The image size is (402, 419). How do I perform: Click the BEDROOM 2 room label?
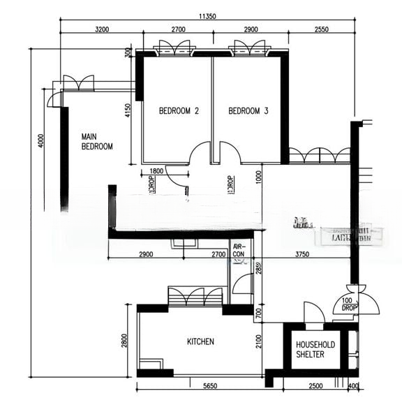point(179,111)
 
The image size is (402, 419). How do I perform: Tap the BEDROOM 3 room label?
point(248,111)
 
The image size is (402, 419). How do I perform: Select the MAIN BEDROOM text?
point(97,142)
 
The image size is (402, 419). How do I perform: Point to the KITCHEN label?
point(200,342)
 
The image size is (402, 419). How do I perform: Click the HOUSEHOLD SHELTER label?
point(315,350)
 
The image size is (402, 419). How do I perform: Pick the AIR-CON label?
point(239,251)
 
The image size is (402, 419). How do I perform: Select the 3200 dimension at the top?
point(101,29)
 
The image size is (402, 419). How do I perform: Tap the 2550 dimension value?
point(322,29)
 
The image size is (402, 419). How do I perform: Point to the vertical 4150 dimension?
point(128,112)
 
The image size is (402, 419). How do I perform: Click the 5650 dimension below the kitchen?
point(202,385)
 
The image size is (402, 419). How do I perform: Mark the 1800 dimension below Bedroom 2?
point(156,171)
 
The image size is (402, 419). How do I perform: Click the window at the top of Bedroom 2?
point(172,47)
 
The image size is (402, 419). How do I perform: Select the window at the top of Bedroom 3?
point(249,47)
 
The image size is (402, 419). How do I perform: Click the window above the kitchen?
point(195,296)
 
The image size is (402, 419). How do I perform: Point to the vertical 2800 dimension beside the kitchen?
point(124,341)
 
